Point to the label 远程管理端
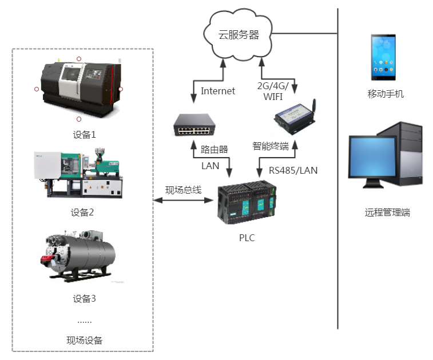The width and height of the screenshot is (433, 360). coord(387,213)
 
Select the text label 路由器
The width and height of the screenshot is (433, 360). coord(214,150)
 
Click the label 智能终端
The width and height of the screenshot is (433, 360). coord(270,146)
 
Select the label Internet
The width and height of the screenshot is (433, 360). coord(217,91)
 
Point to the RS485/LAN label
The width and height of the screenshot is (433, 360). coord(293,170)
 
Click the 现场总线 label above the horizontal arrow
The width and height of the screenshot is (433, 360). coord(183,190)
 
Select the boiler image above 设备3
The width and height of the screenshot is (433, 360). coord(80,255)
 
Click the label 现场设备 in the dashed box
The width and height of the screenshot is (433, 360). coord(84,341)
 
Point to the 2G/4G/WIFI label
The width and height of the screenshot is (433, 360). coord(276,91)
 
